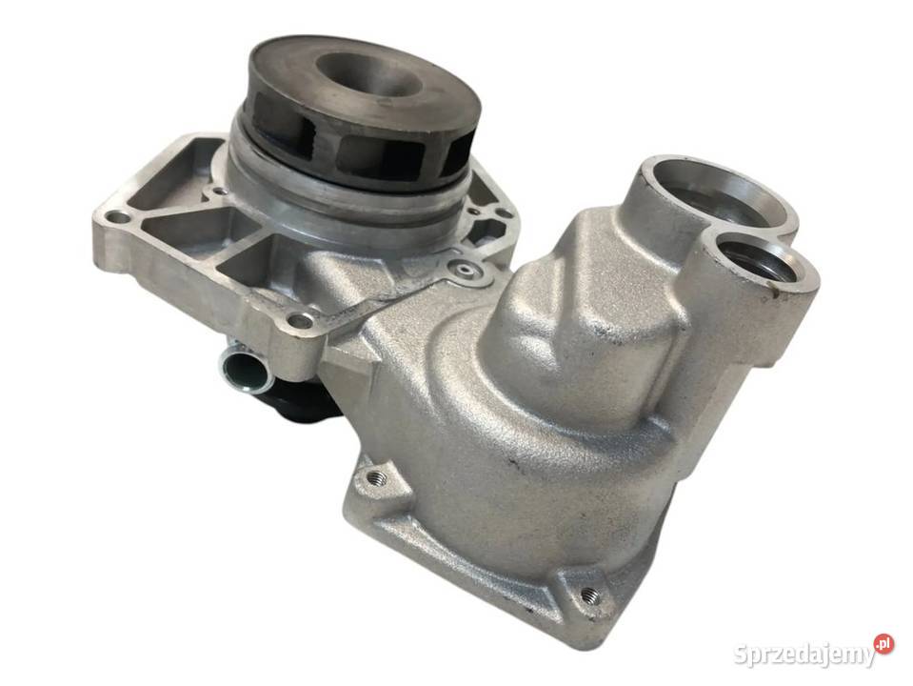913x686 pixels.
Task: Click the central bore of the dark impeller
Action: [368, 77]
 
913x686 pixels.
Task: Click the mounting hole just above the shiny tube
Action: [299, 320]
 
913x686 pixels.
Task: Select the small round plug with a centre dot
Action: [464, 270]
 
